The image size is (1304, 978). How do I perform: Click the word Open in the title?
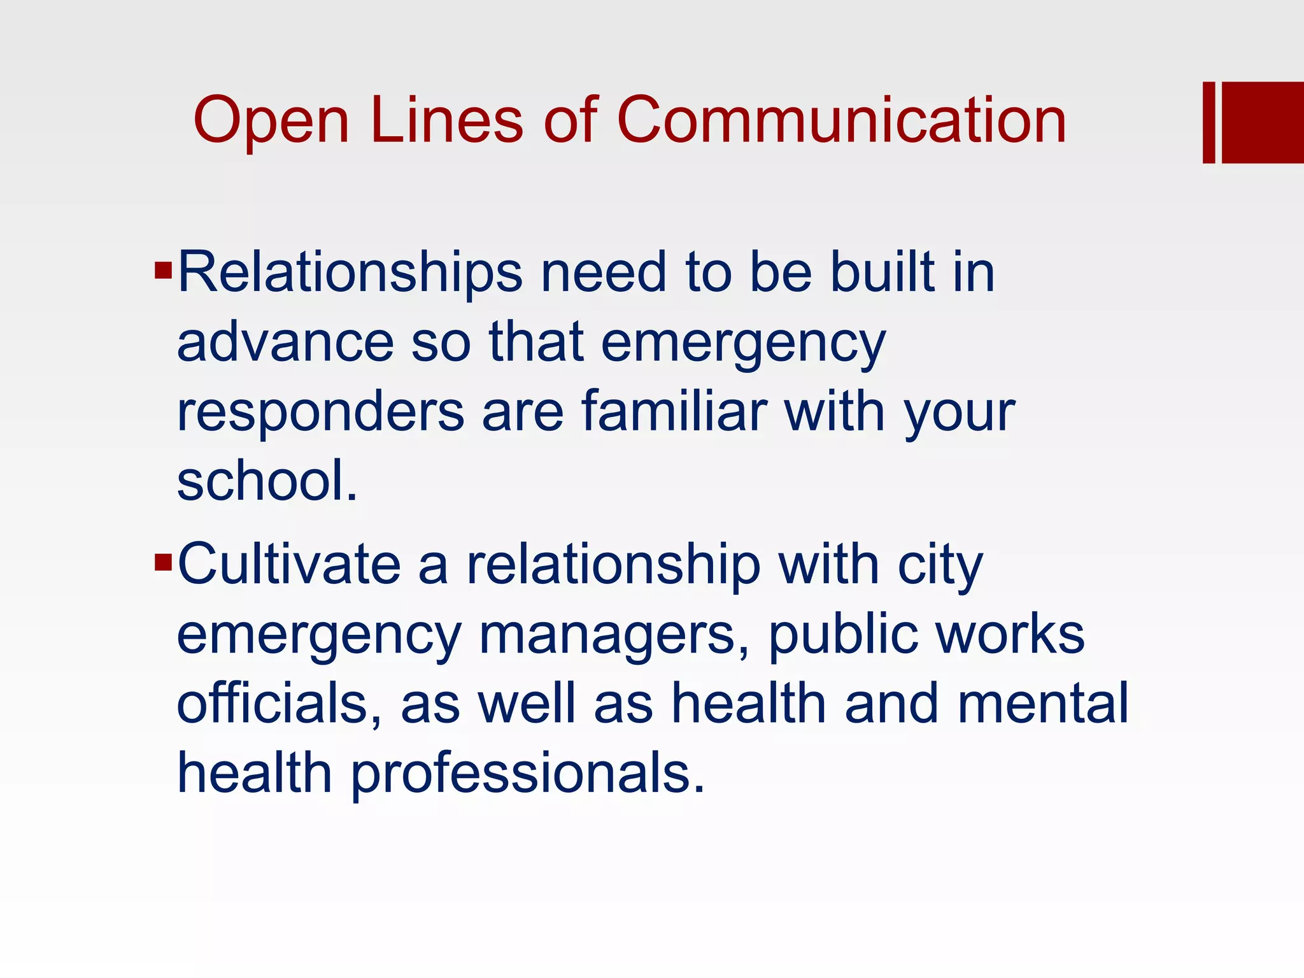coord(271,121)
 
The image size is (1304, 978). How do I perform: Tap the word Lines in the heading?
coord(446,120)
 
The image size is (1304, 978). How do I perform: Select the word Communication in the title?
coord(841,120)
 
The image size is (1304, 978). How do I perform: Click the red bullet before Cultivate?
coord(164,562)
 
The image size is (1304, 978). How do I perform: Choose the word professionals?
coord(528,774)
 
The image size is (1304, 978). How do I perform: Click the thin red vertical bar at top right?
coord(1208,122)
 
